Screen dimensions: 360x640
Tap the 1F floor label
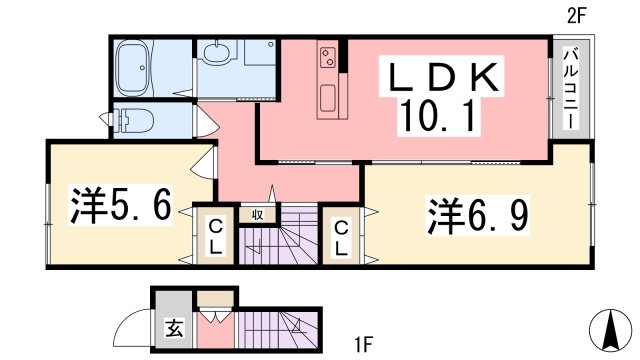pyautogui.click(x=362, y=347)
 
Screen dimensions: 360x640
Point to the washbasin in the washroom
pyautogui.click(x=214, y=54)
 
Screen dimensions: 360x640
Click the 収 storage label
pyautogui.click(x=259, y=213)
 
